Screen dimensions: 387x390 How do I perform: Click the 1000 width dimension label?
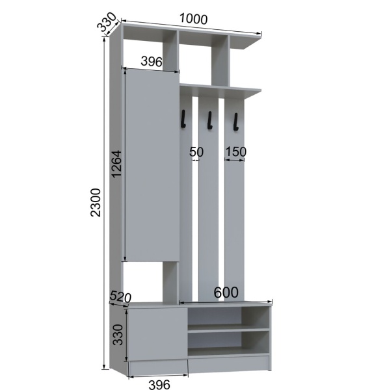click(x=193, y=19)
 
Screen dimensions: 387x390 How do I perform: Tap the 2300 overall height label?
click(x=96, y=202)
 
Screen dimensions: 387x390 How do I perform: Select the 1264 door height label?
click(x=116, y=164)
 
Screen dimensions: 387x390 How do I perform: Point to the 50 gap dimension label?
click(x=196, y=151)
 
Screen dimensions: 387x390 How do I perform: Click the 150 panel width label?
click(x=235, y=151)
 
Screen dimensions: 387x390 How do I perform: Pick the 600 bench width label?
click(x=226, y=292)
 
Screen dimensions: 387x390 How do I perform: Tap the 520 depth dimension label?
click(x=120, y=296)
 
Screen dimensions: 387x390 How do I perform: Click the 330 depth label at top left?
click(x=107, y=21)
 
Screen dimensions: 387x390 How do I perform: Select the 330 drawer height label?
click(x=118, y=335)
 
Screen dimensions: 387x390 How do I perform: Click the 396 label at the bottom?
click(x=159, y=385)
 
